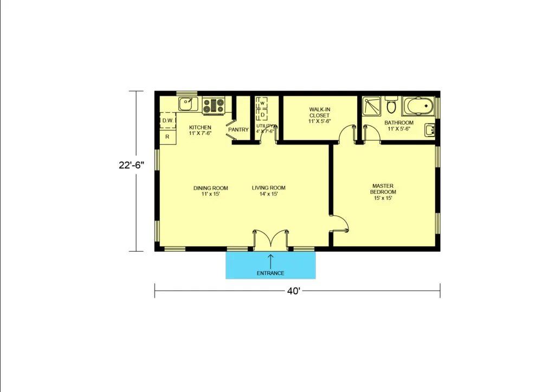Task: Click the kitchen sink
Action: [x=188, y=104]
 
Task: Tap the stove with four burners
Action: [x=214, y=106]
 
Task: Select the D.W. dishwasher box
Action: [x=168, y=121]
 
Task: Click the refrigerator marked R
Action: [x=168, y=136]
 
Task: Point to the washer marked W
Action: [x=262, y=103]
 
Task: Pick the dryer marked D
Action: [x=262, y=115]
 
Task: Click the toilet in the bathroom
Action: [x=391, y=105]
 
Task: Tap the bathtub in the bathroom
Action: [x=418, y=106]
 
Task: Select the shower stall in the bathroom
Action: [x=372, y=106]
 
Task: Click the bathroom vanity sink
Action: [x=430, y=130]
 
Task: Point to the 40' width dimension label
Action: [x=294, y=291]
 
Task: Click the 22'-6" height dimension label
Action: [x=131, y=165]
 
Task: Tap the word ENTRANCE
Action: [x=270, y=273]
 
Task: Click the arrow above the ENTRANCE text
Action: [x=271, y=262]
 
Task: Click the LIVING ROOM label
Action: [x=269, y=188]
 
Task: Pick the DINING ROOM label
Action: [x=211, y=188]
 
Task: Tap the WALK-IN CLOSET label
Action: [x=320, y=113]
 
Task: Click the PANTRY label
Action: [x=238, y=130]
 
